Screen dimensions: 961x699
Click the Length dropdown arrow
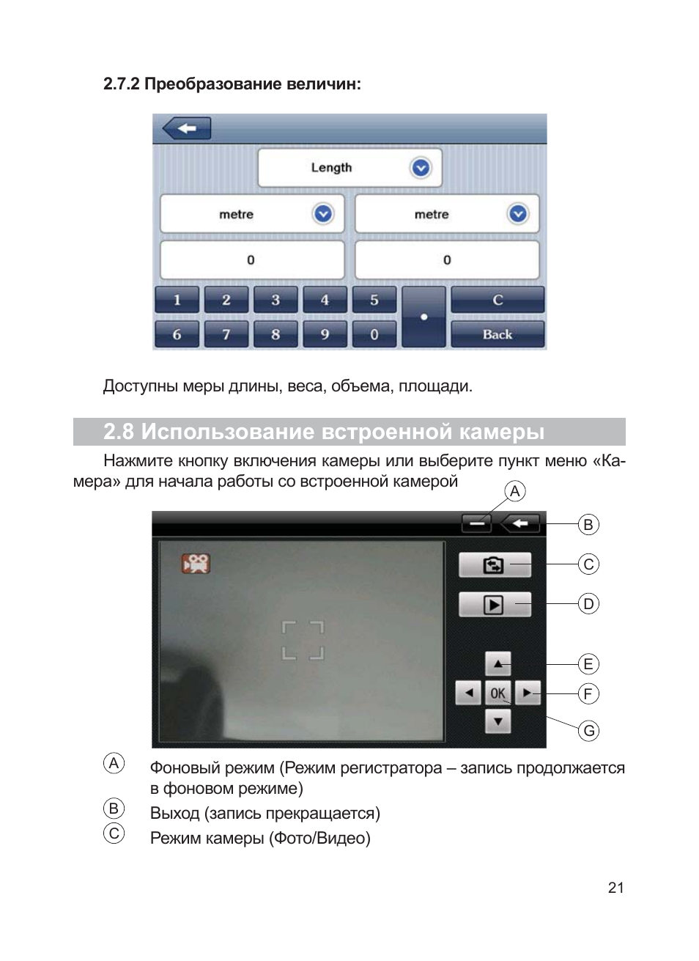point(421,168)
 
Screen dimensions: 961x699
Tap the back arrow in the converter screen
point(187,128)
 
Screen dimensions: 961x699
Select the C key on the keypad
point(498,300)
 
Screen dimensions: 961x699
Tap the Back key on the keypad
point(498,334)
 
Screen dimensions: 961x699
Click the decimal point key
point(424,317)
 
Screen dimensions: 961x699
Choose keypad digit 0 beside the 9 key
point(374,334)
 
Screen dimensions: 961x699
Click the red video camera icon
point(196,563)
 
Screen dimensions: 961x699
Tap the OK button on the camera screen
point(498,693)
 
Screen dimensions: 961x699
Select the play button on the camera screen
point(495,605)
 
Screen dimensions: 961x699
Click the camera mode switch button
point(495,565)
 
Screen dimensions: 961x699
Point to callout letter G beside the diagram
point(588,731)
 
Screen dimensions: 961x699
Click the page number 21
point(616,888)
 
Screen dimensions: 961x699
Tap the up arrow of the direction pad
point(498,664)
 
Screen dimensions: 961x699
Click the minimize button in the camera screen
point(476,523)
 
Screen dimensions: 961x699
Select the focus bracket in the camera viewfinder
point(303,641)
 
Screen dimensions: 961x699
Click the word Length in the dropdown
point(331,168)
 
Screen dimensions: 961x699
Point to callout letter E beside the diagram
point(588,664)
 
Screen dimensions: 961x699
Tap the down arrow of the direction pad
point(498,721)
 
